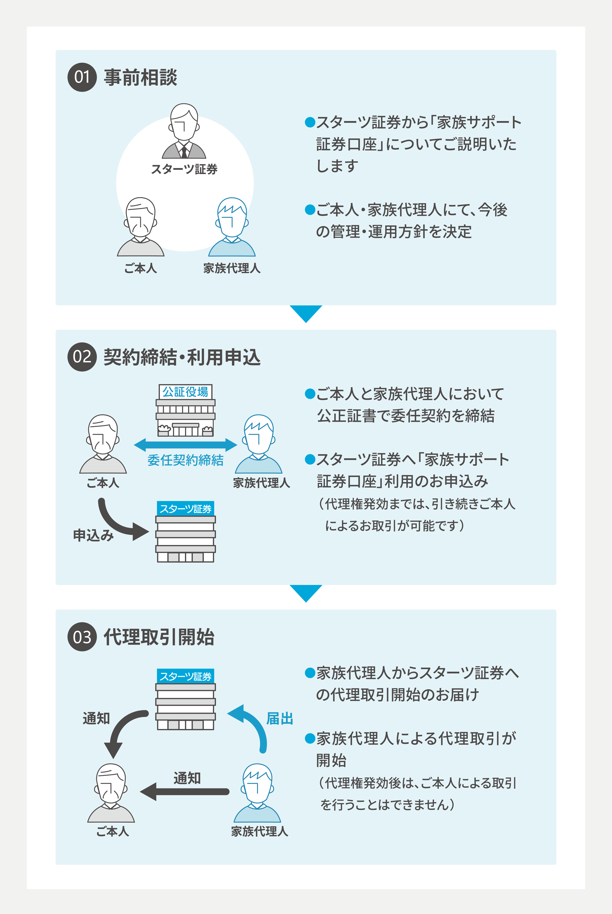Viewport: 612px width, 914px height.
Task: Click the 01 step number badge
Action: click(x=82, y=77)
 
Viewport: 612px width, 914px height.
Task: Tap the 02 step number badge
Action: click(x=82, y=357)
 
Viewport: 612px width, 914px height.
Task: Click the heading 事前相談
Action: click(x=141, y=77)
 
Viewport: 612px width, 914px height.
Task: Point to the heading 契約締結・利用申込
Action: click(x=182, y=357)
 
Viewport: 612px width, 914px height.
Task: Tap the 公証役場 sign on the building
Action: click(x=185, y=392)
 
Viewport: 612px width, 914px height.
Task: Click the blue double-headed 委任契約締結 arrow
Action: click(x=185, y=445)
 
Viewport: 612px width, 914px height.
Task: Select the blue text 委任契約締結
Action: click(x=185, y=460)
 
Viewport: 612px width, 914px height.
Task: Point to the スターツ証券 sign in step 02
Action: click(x=185, y=509)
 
